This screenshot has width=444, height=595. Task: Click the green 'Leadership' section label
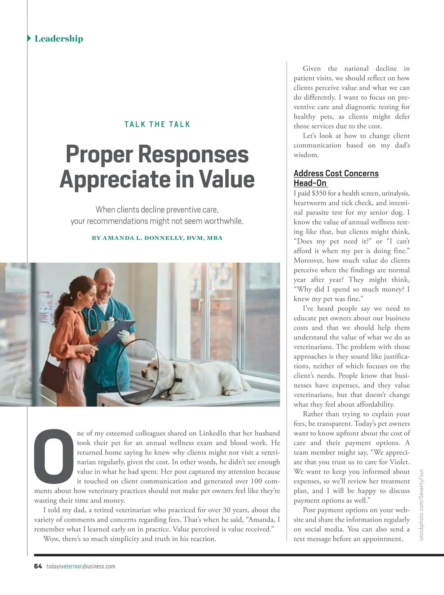tap(58, 39)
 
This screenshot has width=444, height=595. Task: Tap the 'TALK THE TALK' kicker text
tap(157, 124)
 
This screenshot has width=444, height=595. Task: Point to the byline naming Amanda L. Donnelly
tap(157, 238)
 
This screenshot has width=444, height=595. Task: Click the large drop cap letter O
tap(54, 453)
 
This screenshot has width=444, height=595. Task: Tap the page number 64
tap(38, 566)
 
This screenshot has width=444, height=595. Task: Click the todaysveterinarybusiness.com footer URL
tap(81, 566)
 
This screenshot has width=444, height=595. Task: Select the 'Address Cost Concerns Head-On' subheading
tap(336, 178)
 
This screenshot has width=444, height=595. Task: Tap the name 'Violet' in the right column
tap(398, 462)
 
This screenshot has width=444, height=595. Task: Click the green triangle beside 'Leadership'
tap(29, 39)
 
